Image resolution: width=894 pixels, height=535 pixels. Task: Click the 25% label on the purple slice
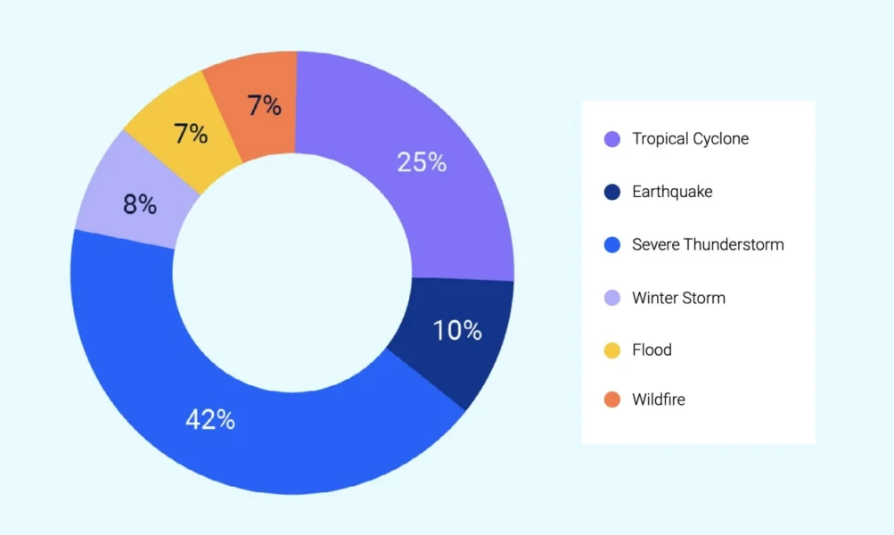coord(422,162)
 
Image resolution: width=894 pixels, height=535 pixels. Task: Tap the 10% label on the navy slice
coord(457,331)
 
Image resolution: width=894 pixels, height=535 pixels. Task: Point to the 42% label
coord(210,420)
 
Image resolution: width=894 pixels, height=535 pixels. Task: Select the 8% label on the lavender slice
coord(140,205)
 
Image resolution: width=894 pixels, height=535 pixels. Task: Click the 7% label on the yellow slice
coord(191,135)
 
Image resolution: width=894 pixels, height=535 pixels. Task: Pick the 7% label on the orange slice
coord(265,106)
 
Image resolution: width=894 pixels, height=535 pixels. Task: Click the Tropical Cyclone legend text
coord(690,139)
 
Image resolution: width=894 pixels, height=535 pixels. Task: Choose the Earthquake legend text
coord(672,192)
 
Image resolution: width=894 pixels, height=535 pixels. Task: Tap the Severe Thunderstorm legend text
coord(708,244)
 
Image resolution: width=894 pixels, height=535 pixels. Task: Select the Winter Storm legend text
coord(678,298)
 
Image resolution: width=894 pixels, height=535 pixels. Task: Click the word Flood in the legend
coord(652,350)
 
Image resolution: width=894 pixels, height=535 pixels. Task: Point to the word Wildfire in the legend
coord(659,399)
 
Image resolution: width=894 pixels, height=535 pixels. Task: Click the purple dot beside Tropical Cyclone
coord(612,139)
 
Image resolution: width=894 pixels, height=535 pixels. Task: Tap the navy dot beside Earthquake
coord(612,192)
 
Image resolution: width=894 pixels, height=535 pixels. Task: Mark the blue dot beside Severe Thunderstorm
coord(612,244)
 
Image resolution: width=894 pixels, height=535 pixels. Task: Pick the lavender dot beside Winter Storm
coord(612,298)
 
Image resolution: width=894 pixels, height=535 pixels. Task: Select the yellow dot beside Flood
coord(612,350)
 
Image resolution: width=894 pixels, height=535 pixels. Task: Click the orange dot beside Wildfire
coord(612,399)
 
